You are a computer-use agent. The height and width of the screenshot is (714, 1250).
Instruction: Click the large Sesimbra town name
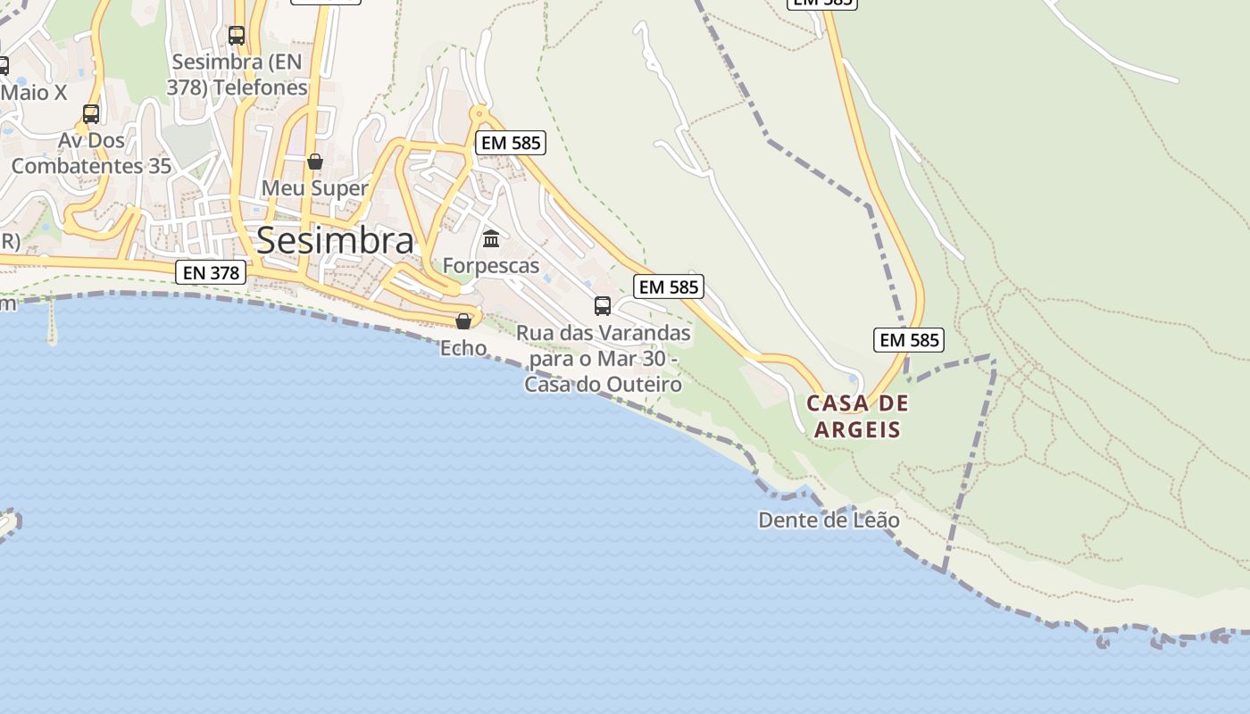click(x=336, y=240)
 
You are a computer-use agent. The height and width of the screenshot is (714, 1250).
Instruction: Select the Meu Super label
click(x=314, y=188)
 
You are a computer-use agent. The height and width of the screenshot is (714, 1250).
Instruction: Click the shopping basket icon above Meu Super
click(x=314, y=162)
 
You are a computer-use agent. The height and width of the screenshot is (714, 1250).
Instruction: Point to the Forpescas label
click(x=491, y=265)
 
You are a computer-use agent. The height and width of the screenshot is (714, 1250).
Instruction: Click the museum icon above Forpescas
click(x=491, y=238)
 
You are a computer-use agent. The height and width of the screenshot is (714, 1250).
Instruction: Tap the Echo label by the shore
click(x=463, y=347)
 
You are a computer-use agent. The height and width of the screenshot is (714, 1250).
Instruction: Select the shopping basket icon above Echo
click(x=463, y=320)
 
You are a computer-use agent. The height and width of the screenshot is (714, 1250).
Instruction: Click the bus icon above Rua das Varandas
click(x=603, y=306)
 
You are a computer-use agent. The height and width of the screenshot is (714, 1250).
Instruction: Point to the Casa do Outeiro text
click(x=604, y=385)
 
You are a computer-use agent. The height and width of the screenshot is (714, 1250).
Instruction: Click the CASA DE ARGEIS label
click(x=857, y=416)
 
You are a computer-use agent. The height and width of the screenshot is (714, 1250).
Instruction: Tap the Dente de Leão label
click(x=829, y=519)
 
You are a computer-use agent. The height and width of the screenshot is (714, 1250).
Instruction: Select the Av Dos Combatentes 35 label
click(x=91, y=154)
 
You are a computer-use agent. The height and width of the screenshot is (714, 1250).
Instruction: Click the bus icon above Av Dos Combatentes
click(x=91, y=114)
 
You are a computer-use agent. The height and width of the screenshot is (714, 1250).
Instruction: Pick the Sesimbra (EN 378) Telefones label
click(x=237, y=75)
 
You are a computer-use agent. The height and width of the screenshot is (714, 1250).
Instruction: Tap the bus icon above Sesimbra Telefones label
click(x=237, y=36)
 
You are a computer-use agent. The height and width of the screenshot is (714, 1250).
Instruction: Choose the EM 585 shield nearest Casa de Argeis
click(x=909, y=339)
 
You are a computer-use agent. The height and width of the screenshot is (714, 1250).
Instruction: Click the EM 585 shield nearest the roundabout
click(x=511, y=142)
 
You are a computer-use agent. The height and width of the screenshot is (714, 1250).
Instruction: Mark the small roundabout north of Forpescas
click(x=480, y=114)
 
